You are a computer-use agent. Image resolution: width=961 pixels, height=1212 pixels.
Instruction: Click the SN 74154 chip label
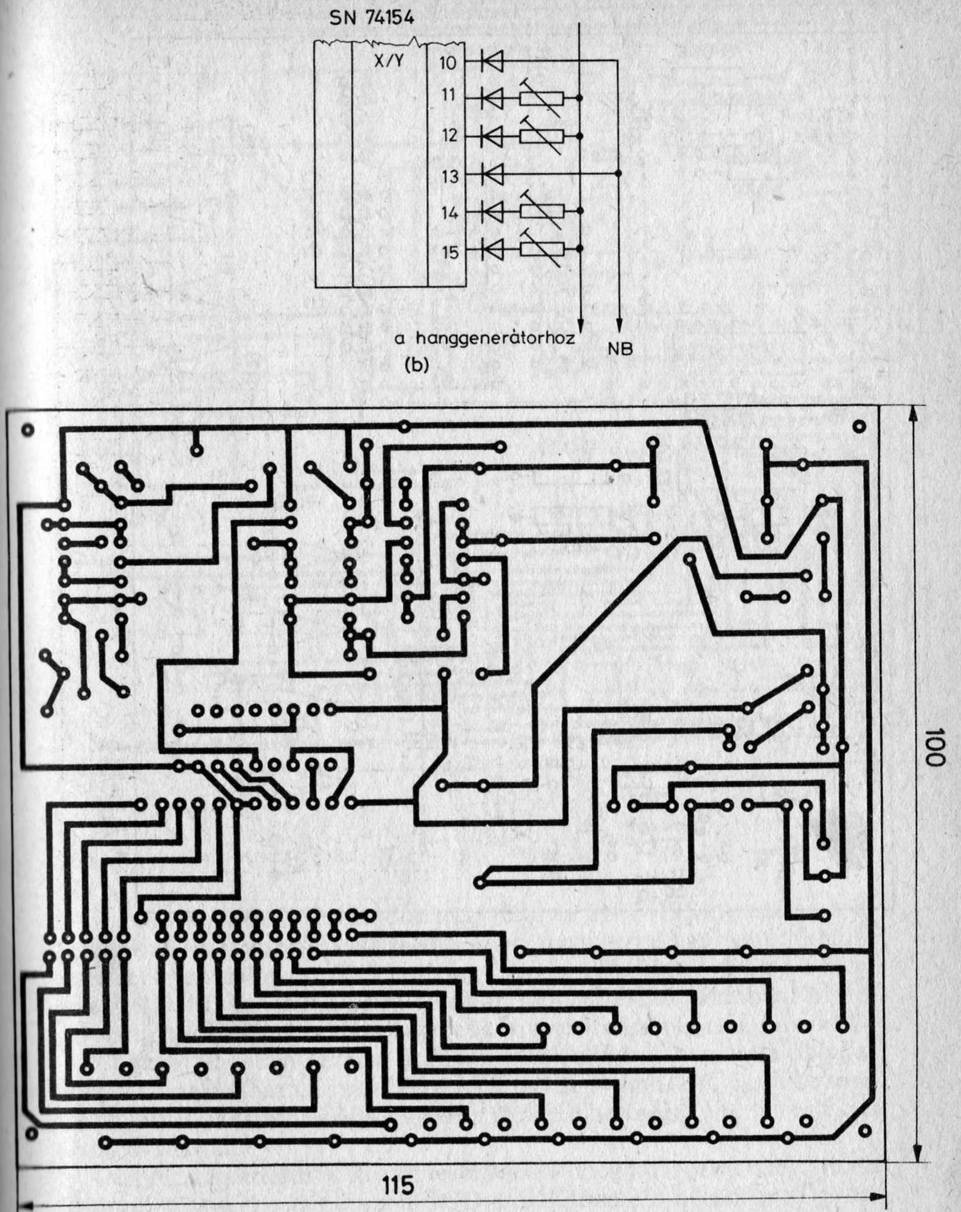click(371, 17)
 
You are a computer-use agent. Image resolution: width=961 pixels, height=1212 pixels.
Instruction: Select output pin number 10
click(448, 62)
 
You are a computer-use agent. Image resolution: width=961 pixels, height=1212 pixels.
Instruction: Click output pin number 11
click(448, 96)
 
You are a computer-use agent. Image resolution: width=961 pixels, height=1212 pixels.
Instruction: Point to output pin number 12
click(448, 136)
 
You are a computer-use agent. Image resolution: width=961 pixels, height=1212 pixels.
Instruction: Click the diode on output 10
click(492, 62)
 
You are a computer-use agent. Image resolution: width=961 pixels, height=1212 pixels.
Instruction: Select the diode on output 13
click(492, 174)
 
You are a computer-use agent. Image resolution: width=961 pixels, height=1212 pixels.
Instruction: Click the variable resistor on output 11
click(541, 98)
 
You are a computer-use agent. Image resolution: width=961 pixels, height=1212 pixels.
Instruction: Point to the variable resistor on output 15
click(541, 249)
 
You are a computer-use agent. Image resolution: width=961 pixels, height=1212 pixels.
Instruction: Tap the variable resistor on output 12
click(541, 136)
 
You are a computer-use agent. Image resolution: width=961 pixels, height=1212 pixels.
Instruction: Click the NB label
click(620, 348)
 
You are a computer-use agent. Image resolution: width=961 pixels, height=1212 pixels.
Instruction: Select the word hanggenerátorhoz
click(495, 338)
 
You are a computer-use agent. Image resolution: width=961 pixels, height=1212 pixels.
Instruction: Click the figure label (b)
click(415, 365)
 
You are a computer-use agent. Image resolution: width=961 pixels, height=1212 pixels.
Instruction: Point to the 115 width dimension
click(397, 1183)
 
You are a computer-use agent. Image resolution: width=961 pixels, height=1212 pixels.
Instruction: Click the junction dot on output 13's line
click(618, 174)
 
